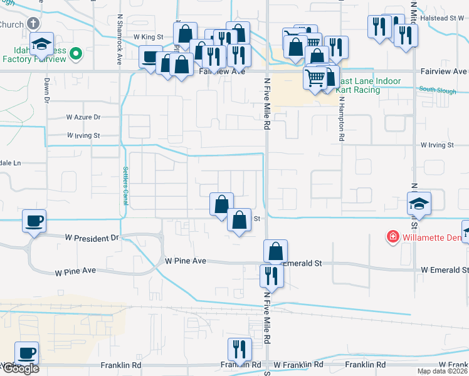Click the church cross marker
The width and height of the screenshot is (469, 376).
[x=33, y=24]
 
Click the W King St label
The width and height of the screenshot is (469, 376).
[x=148, y=38]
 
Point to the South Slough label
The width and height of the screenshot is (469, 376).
[x=437, y=90]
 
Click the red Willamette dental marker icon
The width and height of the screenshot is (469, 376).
[x=393, y=237]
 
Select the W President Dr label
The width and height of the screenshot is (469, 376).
[x=92, y=238]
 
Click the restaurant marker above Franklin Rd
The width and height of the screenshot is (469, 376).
[x=239, y=348]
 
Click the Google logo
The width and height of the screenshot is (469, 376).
[x=20, y=368]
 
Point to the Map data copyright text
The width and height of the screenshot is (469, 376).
[x=443, y=371]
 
